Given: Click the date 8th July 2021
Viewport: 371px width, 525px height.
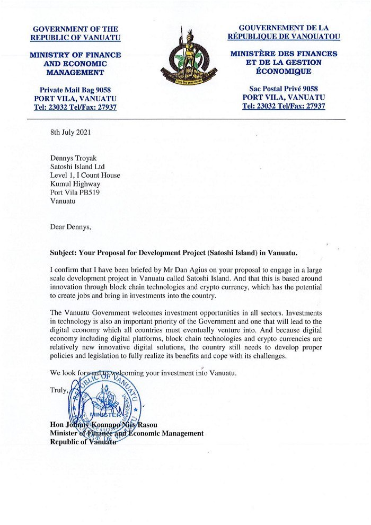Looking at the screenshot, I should [x=70, y=133].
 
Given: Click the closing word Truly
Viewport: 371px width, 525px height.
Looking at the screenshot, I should [x=59, y=390].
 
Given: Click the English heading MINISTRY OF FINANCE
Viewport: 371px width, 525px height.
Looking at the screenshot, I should [x=75, y=55].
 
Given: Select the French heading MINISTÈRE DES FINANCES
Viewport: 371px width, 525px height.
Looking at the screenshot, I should [x=284, y=54].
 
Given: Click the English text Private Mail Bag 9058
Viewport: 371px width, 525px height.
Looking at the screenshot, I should [x=75, y=90].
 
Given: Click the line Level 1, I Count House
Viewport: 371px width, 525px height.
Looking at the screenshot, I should [x=85, y=175].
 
